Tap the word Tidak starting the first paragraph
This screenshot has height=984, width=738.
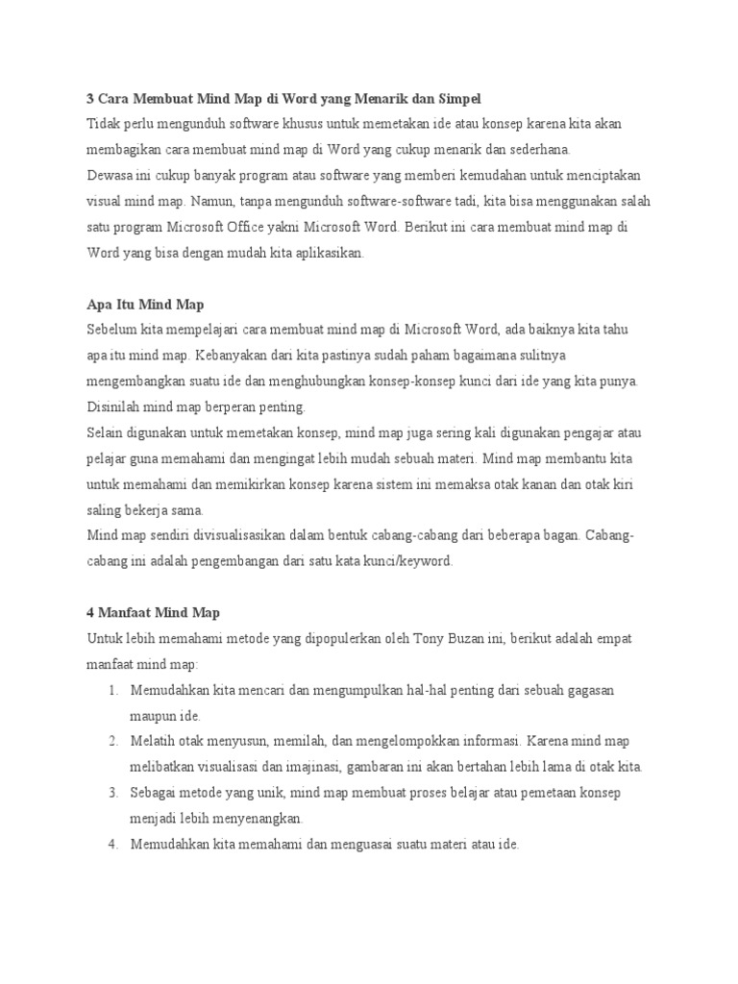104,125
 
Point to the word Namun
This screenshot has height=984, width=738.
211,203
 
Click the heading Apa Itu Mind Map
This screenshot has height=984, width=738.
145,306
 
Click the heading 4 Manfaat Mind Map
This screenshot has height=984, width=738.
154,613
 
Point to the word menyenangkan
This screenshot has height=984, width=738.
255,819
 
